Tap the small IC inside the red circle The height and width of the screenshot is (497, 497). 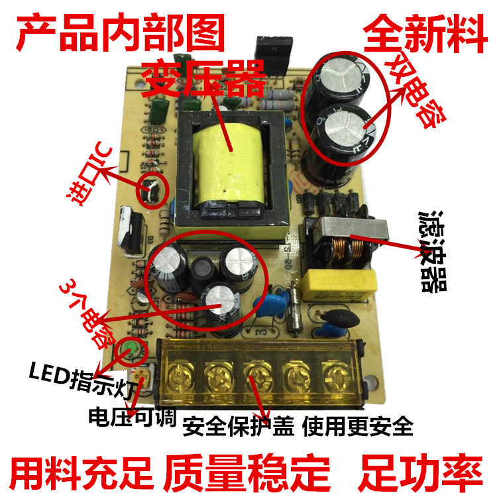152,191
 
